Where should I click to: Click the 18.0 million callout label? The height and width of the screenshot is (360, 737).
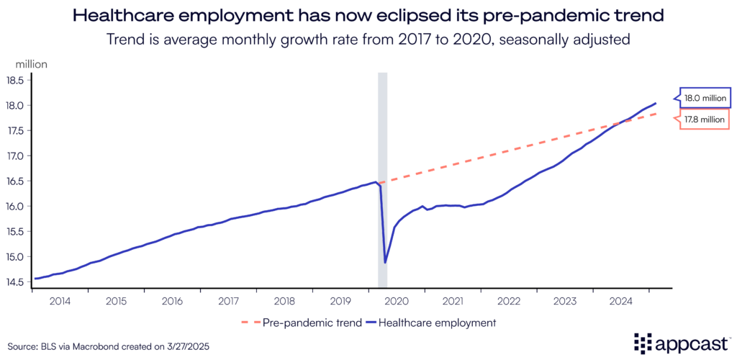click(x=702, y=97)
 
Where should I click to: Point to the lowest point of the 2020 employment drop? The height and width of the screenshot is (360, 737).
click(x=385, y=263)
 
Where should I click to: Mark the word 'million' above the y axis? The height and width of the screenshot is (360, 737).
click(x=27, y=64)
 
